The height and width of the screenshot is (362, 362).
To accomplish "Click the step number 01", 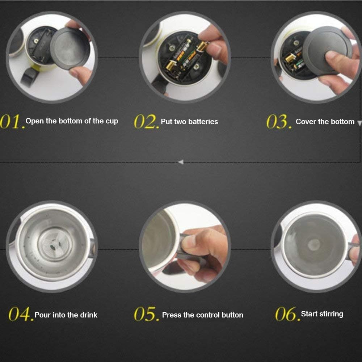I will [12, 122].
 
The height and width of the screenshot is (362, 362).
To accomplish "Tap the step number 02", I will [146, 122].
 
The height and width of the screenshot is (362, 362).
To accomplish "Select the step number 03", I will [278, 122].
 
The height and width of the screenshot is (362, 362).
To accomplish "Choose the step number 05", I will [146, 315].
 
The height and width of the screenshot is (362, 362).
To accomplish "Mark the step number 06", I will [287, 314].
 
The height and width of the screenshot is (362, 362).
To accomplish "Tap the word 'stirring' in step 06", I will [329, 314].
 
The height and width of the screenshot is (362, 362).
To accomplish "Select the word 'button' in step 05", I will [232, 315].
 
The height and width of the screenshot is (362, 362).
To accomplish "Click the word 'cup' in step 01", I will [112, 121].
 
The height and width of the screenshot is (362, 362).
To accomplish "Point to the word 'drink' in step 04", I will [88, 315].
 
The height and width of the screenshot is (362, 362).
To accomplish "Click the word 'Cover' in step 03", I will [306, 122].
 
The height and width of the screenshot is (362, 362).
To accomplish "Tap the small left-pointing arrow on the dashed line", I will [181, 162].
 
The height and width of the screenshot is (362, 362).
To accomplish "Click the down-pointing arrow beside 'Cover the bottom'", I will [359, 123].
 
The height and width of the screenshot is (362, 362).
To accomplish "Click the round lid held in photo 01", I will [70, 48].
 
